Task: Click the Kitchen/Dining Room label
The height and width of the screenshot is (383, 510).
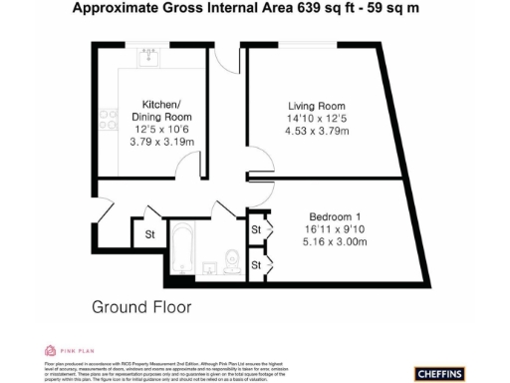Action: tap(160, 111)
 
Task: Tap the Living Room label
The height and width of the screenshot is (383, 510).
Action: tap(317, 106)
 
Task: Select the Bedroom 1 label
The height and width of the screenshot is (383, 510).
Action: tap(329, 216)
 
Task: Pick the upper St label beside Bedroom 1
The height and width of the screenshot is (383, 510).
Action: tap(256, 230)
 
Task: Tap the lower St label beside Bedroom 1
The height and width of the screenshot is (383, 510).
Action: tap(256, 264)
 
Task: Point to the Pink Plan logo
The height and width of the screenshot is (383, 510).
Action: tap(60, 351)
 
